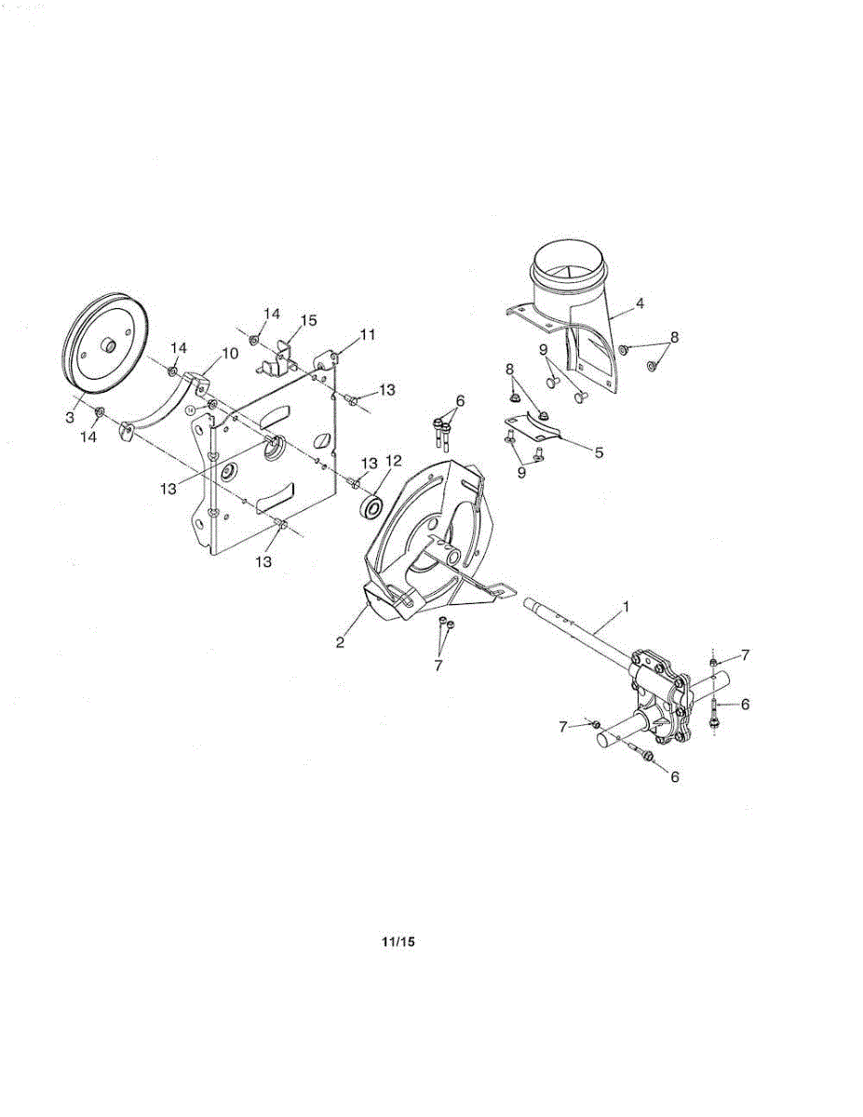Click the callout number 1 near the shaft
tap(626, 606)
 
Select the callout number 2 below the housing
tap(341, 641)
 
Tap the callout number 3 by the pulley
tap(70, 418)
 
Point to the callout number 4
tap(640, 303)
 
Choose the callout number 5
tap(599, 452)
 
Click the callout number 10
tap(229, 354)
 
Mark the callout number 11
tap(369, 334)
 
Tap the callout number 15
tap(307, 320)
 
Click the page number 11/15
tap(398, 942)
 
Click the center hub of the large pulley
tap(108, 346)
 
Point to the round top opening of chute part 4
tap(569, 266)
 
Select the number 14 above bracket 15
tap(271, 314)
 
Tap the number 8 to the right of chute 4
tap(674, 337)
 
